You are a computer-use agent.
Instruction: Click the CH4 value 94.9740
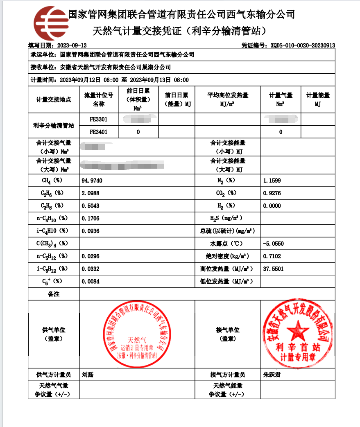[92, 181]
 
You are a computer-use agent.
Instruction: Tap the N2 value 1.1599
[272, 181]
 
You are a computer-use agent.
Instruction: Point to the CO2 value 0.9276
[272, 193]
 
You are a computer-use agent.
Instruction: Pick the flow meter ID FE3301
[98, 120]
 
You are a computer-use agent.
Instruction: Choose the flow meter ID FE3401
[98, 132]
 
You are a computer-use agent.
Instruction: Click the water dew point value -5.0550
[274, 244]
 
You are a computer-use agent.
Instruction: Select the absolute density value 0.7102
[272, 256]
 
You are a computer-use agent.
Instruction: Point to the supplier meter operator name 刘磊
[88, 374]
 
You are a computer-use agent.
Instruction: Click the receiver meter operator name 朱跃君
[272, 374]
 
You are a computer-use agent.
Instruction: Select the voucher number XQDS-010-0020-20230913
[303, 45]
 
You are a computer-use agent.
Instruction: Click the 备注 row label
[54, 294]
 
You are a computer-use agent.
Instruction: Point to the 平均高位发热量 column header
[228, 99]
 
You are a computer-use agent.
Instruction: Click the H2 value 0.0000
[272, 206]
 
